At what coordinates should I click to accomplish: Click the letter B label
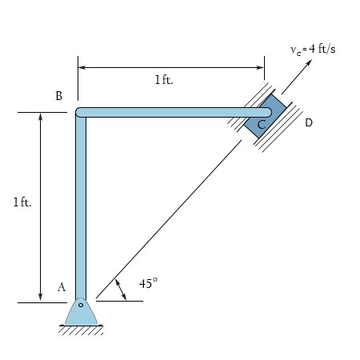(58, 96)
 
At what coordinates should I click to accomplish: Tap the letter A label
(62, 287)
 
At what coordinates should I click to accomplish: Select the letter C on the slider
(262, 125)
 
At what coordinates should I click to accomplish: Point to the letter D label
(309, 122)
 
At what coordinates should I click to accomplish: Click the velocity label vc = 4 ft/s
(313, 50)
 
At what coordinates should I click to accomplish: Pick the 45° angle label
(148, 283)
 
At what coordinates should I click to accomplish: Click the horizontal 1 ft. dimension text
(164, 80)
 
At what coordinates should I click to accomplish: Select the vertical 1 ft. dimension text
(22, 202)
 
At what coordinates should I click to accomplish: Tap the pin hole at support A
(81, 305)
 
